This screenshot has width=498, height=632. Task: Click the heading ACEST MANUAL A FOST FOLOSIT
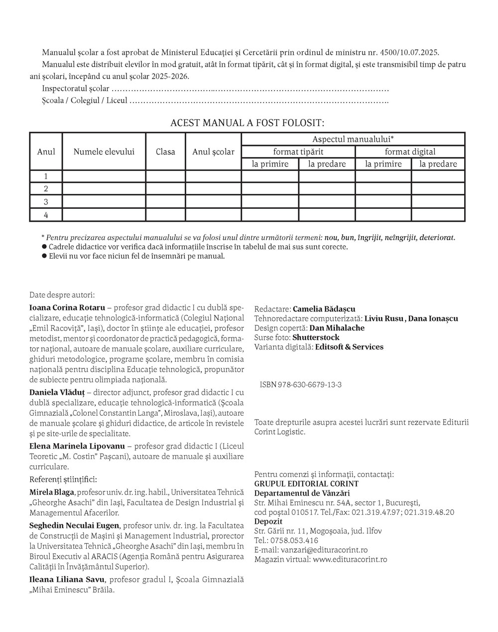point(247,123)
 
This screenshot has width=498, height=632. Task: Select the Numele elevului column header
point(104,152)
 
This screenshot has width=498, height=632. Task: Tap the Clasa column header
point(165,152)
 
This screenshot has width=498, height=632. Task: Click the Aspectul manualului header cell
point(353,139)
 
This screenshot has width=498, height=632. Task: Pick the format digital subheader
point(410,152)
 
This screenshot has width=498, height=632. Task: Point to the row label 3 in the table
point(46,202)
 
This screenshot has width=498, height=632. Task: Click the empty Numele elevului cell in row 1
point(104,176)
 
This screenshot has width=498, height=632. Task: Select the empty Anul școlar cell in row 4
point(213,215)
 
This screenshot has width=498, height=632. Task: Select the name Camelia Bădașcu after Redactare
point(324,309)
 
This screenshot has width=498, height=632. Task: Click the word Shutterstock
point(316,337)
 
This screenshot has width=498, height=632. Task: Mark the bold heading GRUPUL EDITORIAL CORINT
point(306,483)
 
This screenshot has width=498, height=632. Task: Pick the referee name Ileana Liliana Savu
point(67,579)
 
